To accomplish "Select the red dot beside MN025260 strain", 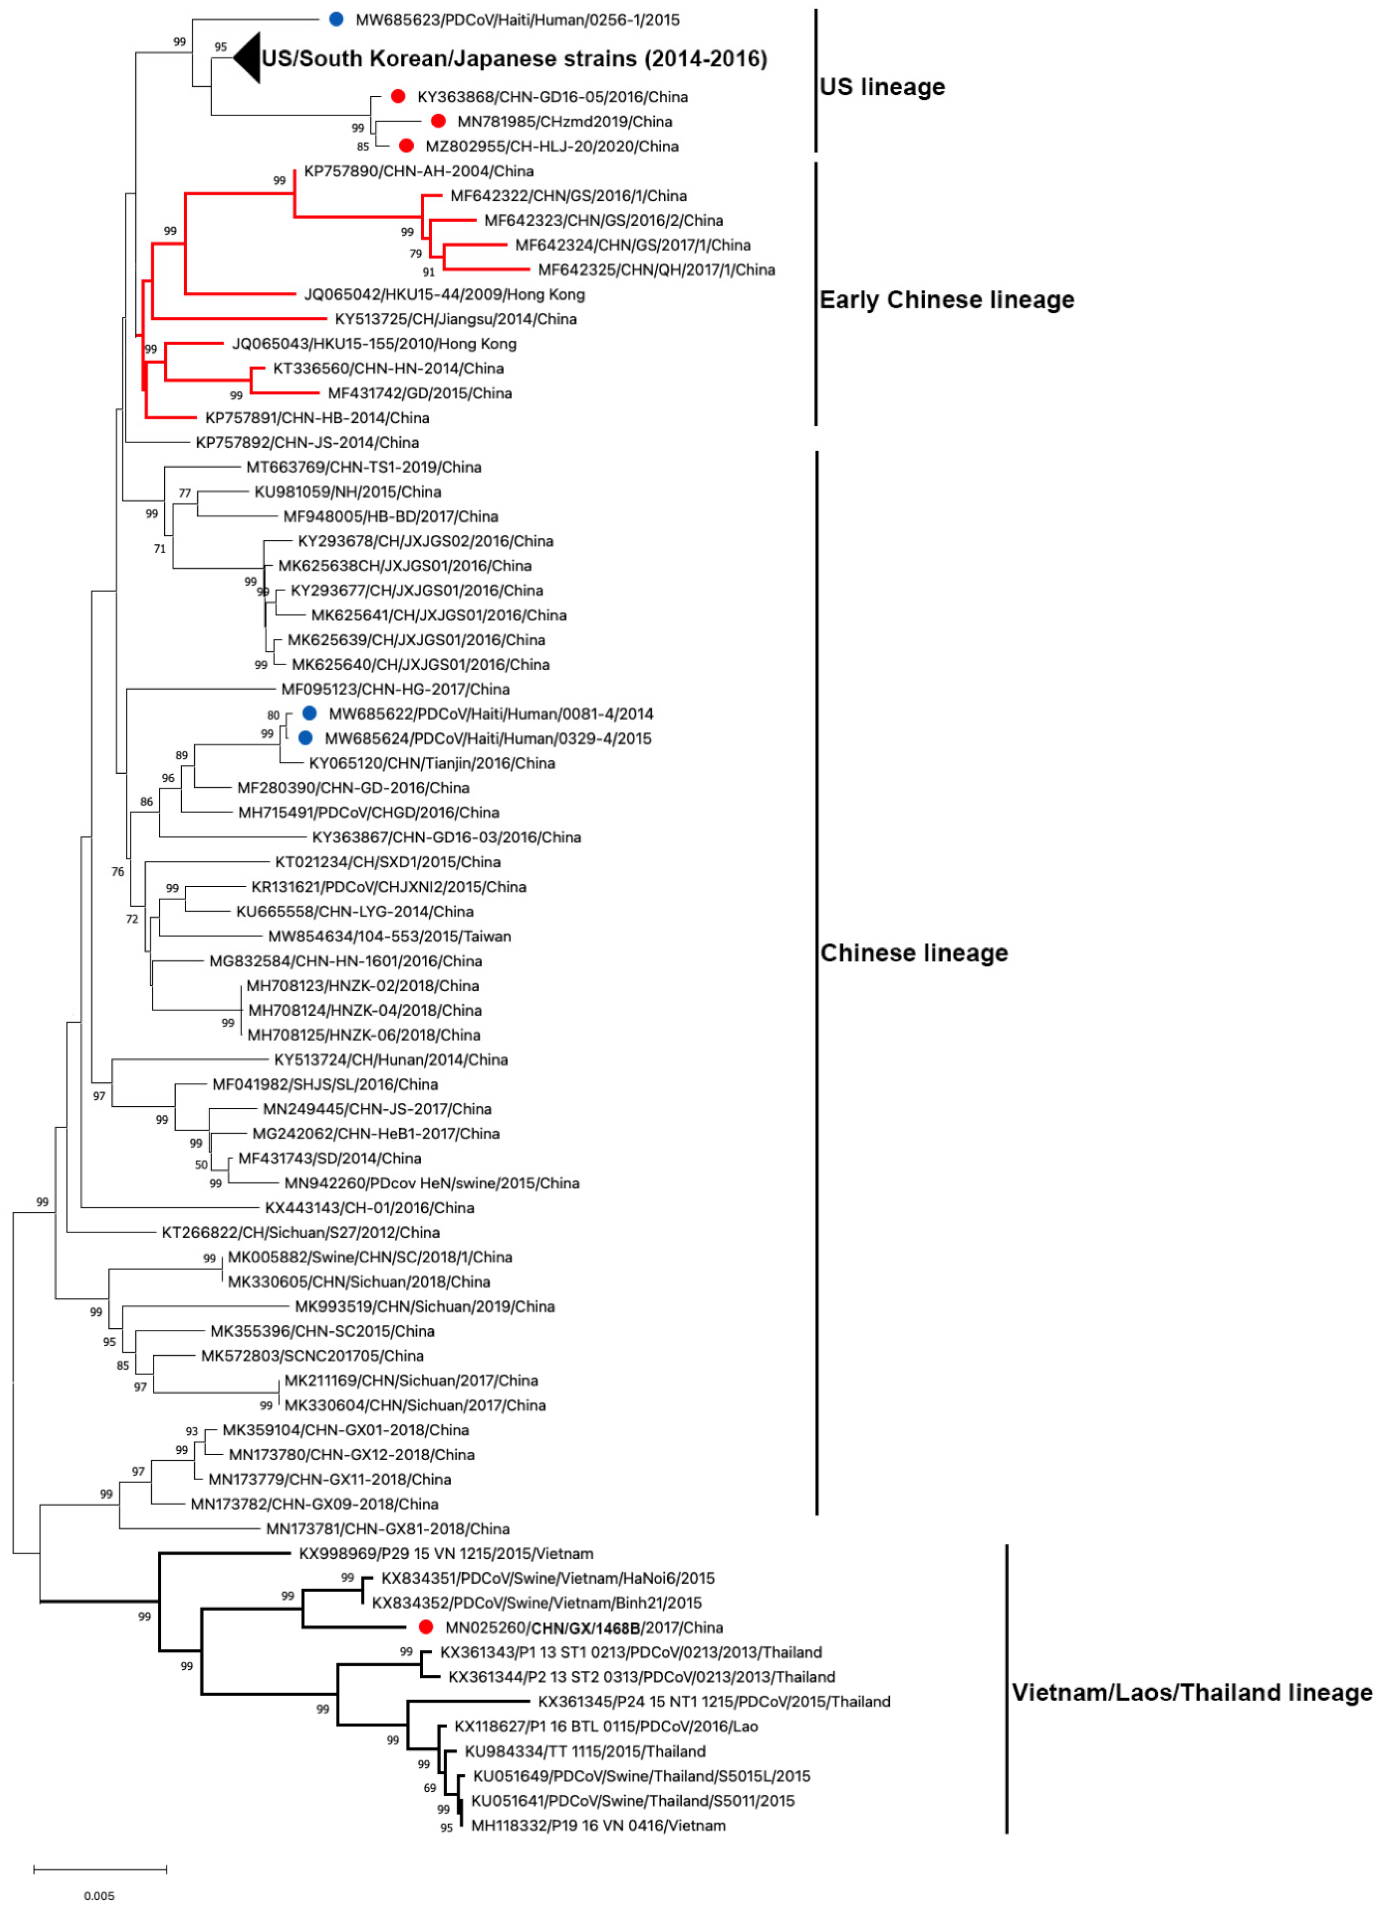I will coord(426,1627).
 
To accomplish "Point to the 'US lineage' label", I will coord(882,87).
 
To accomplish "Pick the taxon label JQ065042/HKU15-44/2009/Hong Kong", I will coord(444,294).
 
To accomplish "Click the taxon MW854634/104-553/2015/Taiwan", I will coord(389,936).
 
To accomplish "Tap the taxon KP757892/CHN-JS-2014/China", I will coord(307,442).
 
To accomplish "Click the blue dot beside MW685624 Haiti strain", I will coord(305,738).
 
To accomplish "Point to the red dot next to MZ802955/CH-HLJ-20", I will coord(406,146).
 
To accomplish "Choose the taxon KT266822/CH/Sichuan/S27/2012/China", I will coord(300,1233).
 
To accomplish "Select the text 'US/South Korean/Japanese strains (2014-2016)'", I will coord(514,58).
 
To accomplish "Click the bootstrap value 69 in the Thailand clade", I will coord(429,1787).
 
